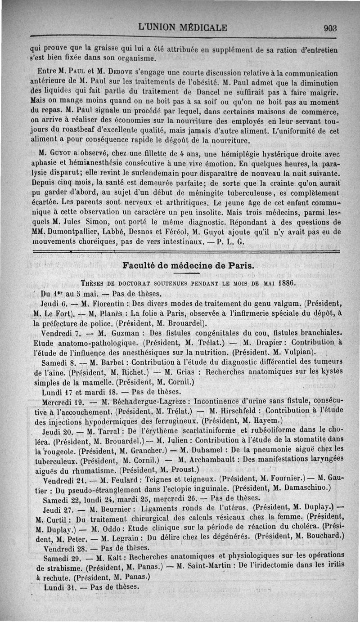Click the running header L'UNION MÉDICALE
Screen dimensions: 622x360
pyautogui.click(x=182, y=27)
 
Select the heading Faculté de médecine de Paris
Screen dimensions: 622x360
pyautogui.click(x=189, y=265)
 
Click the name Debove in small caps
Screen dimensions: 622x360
pyautogui.click(x=105, y=72)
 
